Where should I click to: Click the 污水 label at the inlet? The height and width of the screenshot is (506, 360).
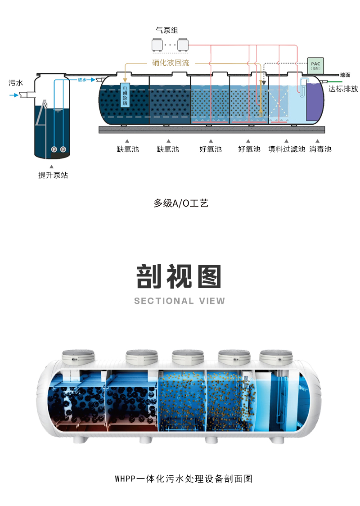coord(15,83)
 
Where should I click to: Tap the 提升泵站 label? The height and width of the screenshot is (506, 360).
coord(53,175)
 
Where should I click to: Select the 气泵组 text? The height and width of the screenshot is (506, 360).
coord(166,31)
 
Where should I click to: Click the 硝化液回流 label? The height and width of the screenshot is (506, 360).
coord(171,63)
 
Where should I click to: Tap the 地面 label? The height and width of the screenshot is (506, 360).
coord(345,75)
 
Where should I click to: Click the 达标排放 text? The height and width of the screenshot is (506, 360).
coord(343,89)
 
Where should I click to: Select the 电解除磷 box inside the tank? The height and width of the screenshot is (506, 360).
coord(125,95)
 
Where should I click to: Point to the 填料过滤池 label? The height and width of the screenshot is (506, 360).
coord(287,149)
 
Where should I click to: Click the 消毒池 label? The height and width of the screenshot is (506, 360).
coord(320,149)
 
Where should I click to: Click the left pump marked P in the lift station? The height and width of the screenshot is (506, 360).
coord(54,149)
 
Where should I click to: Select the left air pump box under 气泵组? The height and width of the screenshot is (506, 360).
coord(157,45)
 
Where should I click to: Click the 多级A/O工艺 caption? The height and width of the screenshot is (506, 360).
coord(180,203)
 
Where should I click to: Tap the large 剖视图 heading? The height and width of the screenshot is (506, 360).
coord(179,276)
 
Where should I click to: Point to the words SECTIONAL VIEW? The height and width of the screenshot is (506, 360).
coord(179,301)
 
